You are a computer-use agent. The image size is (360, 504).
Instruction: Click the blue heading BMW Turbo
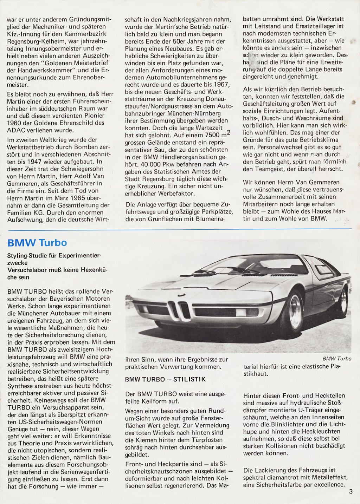[37, 243]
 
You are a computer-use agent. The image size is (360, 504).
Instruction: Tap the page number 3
[351, 492]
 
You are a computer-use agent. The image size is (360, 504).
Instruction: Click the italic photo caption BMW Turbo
[337, 359]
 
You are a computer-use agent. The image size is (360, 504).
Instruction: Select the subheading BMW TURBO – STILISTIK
[166, 379]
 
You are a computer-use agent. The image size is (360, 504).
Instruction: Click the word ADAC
[16, 130]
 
